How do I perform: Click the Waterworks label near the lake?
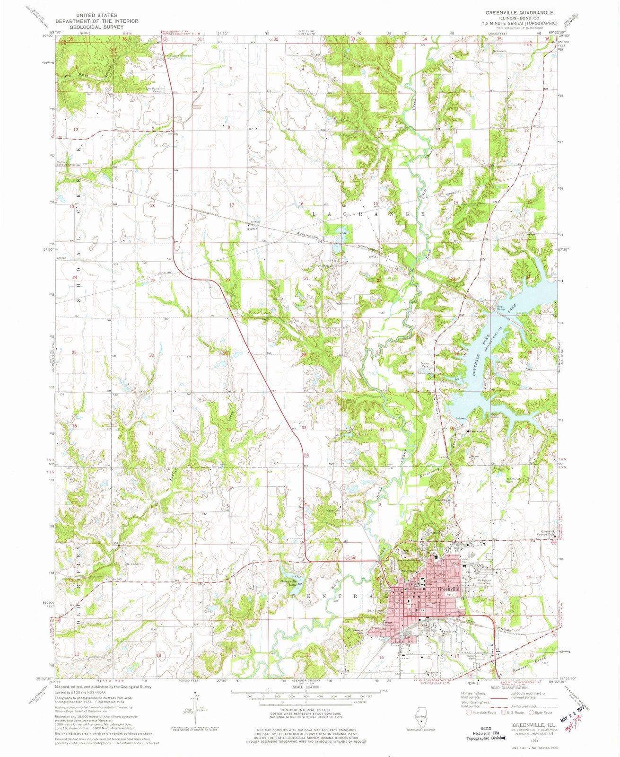(x=476, y=431)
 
